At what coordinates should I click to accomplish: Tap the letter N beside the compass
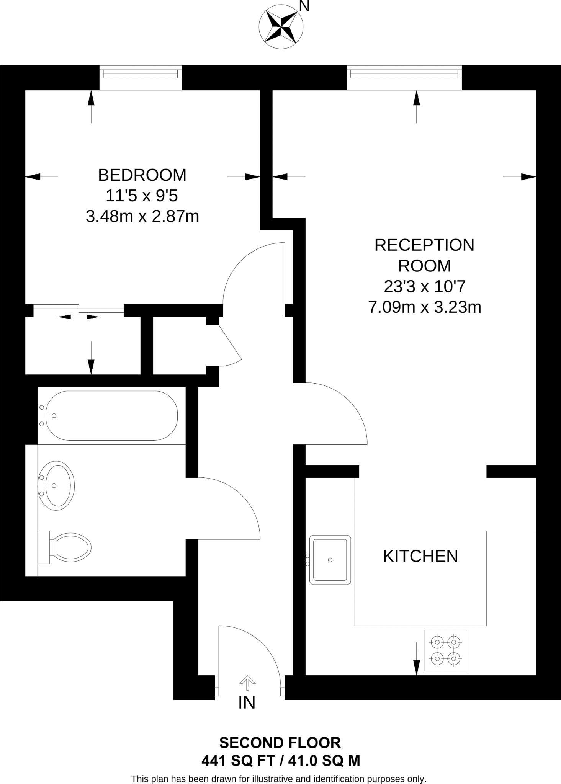click(x=304, y=7)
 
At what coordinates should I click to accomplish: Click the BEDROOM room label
click(x=142, y=175)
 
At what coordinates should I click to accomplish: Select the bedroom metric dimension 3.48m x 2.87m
click(x=142, y=217)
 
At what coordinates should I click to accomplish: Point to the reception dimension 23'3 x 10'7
click(x=424, y=286)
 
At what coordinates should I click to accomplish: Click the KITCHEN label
click(x=420, y=556)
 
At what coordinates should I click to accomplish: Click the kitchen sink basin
click(x=330, y=560)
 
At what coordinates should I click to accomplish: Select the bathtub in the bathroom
click(x=111, y=416)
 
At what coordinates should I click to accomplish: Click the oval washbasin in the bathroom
click(x=57, y=485)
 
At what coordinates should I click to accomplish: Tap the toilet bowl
click(x=72, y=547)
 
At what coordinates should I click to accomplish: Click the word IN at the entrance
click(x=247, y=702)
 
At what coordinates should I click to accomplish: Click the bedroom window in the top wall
click(x=141, y=78)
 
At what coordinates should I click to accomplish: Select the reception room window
click(x=404, y=78)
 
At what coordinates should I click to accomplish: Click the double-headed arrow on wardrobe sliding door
click(x=79, y=317)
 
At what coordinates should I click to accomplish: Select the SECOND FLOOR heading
click(x=280, y=743)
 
